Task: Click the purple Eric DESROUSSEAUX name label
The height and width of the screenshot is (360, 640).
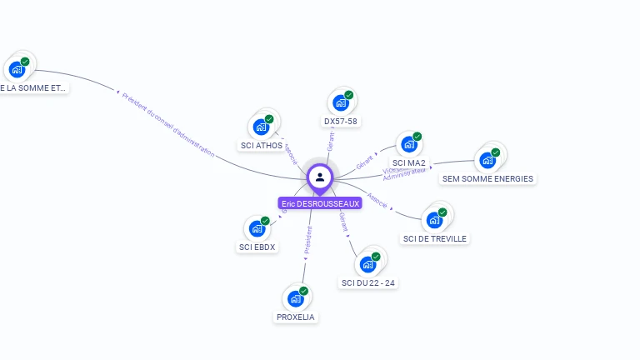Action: pyautogui.click(x=320, y=203)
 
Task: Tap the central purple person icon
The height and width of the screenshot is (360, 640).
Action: pyautogui.click(x=320, y=177)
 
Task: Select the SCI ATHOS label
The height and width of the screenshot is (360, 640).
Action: pyautogui.click(x=262, y=146)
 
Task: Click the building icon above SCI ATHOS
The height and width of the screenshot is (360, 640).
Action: pyautogui.click(x=262, y=127)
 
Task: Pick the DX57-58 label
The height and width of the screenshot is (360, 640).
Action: pyautogui.click(x=341, y=122)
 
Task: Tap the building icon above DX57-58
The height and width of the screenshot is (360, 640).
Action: pyautogui.click(x=340, y=103)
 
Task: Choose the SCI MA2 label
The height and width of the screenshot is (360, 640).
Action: pyautogui.click(x=409, y=163)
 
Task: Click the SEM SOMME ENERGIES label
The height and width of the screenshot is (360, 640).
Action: pyautogui.click(x=487, y=178)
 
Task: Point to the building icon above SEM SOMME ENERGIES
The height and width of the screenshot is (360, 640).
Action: pyautogui.click(x=487, y=160)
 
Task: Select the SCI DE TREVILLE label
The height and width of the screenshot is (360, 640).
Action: pyautogui.click(x=435, y=238)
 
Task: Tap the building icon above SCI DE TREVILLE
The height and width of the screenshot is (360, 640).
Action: pyautogui.click(x=434, y=220)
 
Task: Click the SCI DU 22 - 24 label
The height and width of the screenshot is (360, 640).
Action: pyautogui.click(x=368, y=283)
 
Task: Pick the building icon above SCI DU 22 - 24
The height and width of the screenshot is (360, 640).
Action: pyautogui.click(x=367, y=265)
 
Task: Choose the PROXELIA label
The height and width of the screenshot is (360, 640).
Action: pyautogui.click(x=297, y=317)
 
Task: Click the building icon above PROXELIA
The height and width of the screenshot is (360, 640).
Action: pyautogui.click(x=296, y=298)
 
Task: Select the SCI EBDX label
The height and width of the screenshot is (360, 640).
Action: pyautogui.click(x=257, y=247)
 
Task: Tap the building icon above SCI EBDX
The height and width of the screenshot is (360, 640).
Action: pyautogui.click(x=257, y=228)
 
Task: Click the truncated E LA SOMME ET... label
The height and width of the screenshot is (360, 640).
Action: pyautogui.click(x=33, y=87)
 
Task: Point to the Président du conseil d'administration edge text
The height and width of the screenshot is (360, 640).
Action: pyautogui.click(x=167, y=124)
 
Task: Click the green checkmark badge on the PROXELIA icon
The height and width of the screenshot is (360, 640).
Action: pyautogui.click(x=304, y=291)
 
